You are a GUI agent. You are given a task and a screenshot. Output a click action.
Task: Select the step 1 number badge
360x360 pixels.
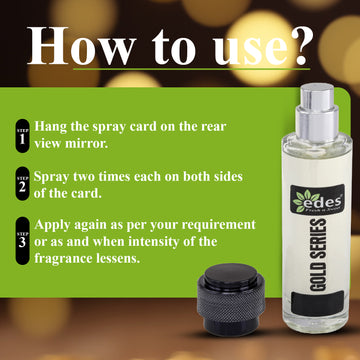click(22, 136)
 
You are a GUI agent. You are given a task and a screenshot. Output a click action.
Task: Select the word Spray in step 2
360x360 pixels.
click(54, 175)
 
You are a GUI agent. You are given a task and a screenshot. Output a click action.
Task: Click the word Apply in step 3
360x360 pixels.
click(56, 223)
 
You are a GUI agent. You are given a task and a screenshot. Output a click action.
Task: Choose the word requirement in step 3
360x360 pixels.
click(204, 223)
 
